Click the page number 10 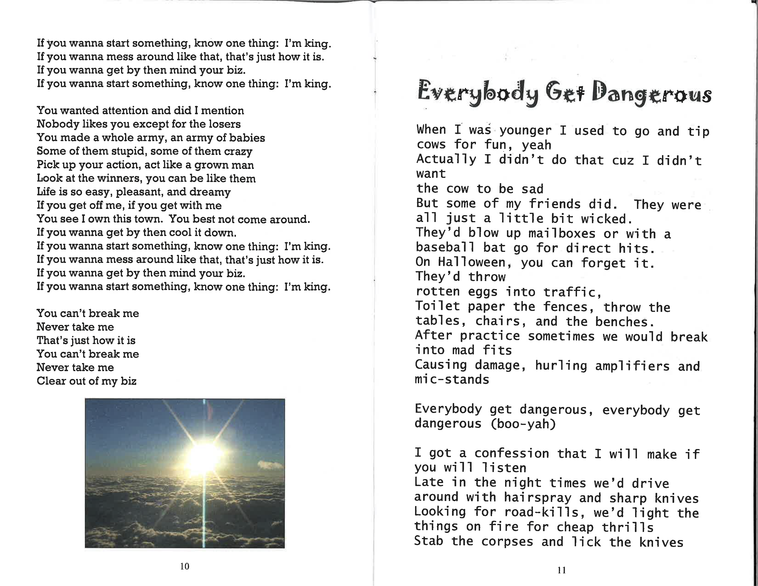pyautogui.click(x=185, y=566)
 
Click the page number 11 pyautogui.click(x=562, y=570)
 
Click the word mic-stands pyautogui.click(x=452, y=379)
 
